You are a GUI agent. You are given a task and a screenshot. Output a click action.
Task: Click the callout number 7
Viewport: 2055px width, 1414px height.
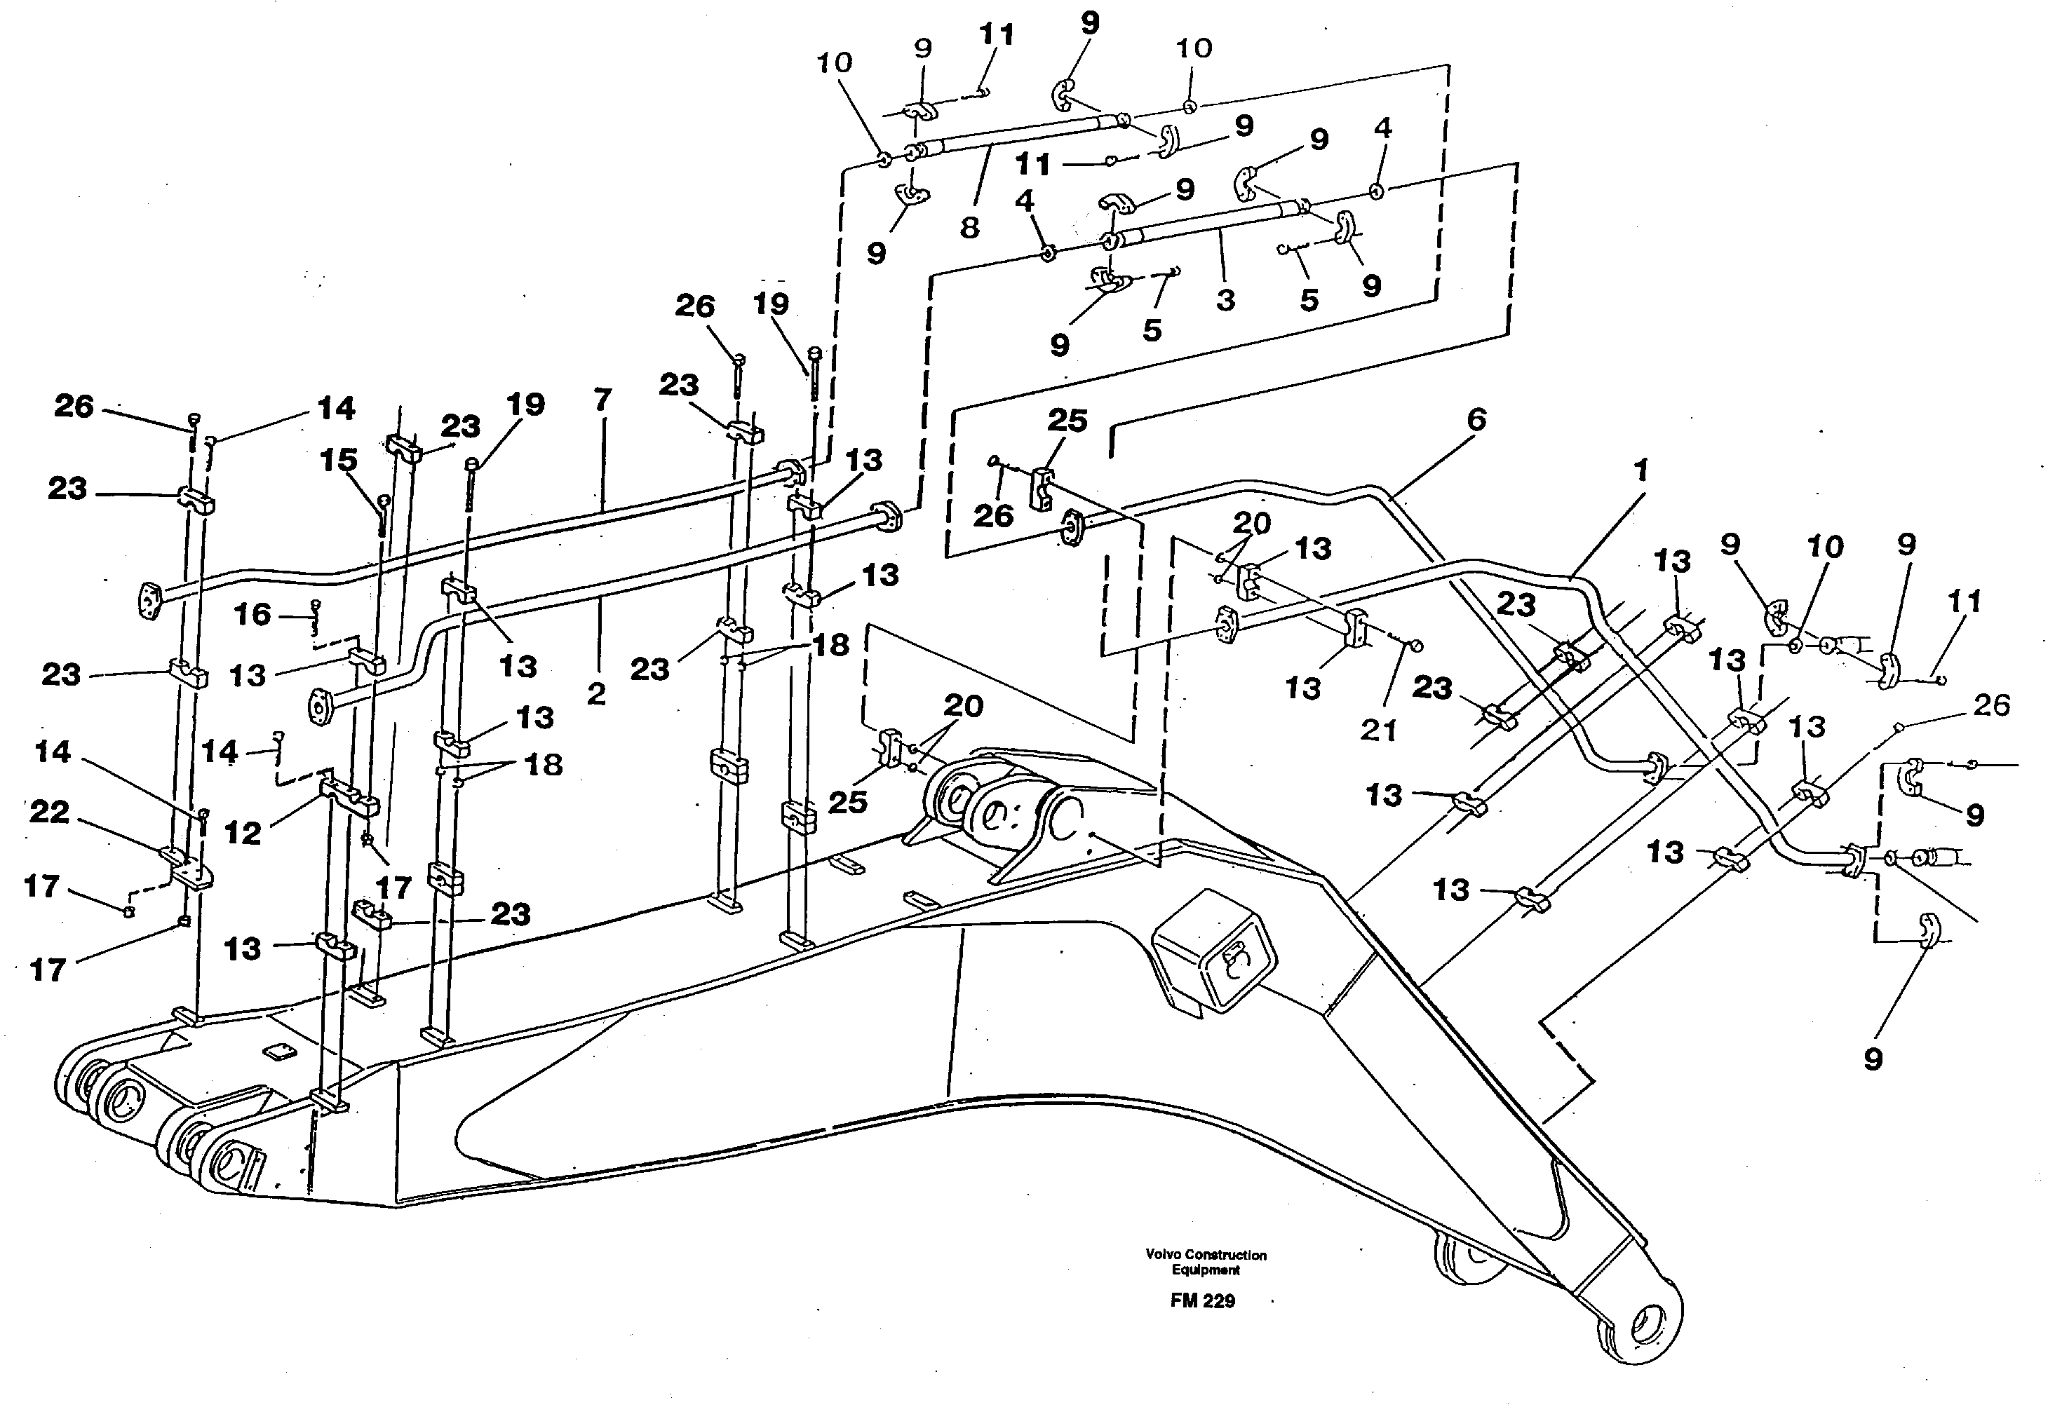(x=602, y=400)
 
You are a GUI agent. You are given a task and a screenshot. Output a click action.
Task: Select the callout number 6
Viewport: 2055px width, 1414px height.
(x=1476, y=419)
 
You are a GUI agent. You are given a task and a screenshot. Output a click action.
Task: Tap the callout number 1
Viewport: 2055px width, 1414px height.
(x=1640, y=470)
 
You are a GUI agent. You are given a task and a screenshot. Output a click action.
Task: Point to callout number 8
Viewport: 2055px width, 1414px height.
(x=969, y=229)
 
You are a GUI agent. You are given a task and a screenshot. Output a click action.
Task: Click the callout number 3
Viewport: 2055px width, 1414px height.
(x=1225, y=300)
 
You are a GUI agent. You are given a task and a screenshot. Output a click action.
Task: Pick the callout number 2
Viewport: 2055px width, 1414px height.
(x=596, y=694)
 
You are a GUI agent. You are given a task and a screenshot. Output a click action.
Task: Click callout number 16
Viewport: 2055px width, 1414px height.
(x=252, y=614)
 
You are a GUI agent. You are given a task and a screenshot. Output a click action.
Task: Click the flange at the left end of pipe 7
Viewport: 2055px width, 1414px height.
(x=151, y=600)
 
